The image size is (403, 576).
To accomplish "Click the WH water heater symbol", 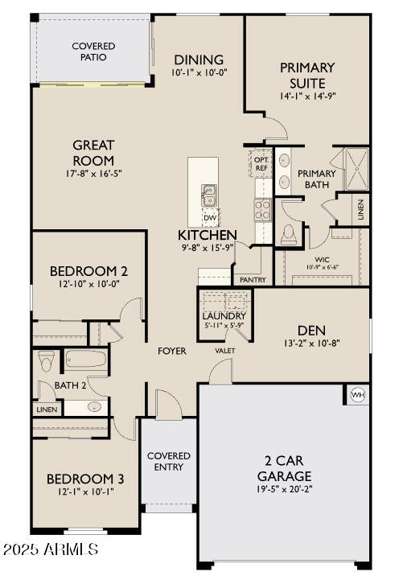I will coord(356,395).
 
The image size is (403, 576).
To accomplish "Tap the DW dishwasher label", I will coord(209,217).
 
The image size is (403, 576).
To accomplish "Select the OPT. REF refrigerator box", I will coord(261,163).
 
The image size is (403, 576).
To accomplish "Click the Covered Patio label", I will coord(93,52).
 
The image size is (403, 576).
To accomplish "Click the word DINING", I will coord(199,60).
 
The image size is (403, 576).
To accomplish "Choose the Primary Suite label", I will coord(308,76).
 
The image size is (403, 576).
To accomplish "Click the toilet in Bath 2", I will coord(46,361).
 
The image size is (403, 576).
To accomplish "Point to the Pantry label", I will coord(253,279).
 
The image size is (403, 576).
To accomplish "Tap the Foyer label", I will coord(171,351).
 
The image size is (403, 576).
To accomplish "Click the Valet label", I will coord(224,351).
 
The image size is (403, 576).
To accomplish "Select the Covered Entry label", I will coord(168,462).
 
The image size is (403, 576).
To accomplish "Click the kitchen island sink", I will coord(208,194).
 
